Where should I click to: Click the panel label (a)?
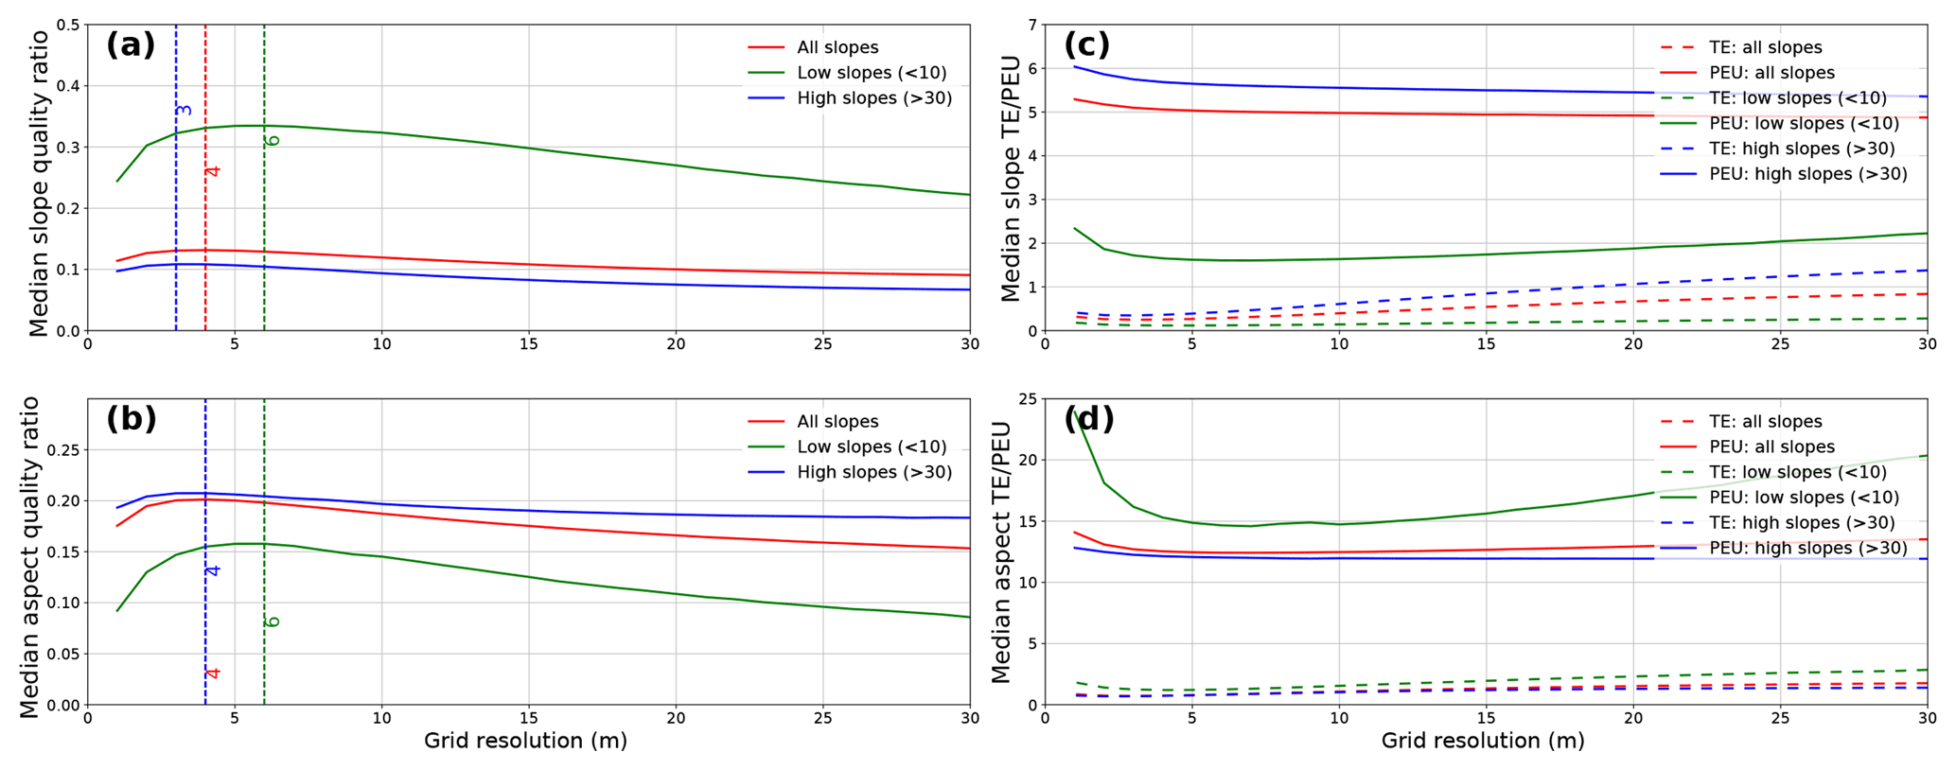[131, 45]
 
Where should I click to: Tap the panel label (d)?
[1088, 418]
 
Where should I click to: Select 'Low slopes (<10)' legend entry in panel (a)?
[872, 73]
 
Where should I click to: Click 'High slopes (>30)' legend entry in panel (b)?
[874, 472]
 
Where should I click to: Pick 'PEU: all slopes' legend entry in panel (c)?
[1771, 73]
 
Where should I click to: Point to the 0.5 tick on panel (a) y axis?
[68, 25]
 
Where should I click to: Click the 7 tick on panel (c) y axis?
[1031, 25]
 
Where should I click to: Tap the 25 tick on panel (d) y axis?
[1026, 399]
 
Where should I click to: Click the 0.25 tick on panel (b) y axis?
[62, 450]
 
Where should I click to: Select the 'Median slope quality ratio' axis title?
[39, 184]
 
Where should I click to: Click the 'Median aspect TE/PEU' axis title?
[1001, 552]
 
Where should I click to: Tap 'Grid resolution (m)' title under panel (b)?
[525, 741]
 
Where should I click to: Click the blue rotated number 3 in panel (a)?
[185, 111]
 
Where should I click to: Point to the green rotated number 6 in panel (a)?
[273, 140]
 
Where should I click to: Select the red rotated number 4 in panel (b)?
[213, 673]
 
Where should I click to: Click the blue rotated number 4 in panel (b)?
[213, 570]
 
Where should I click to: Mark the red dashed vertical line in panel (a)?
[205, 236]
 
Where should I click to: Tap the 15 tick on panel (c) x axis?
[1486, 344]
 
